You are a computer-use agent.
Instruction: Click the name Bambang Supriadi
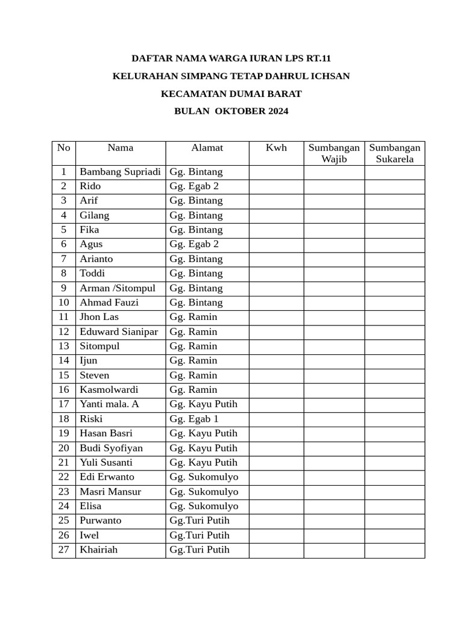pos(120,172)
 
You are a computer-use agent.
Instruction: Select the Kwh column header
pos(276,148)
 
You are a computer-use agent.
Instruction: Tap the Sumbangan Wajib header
pos(333,154)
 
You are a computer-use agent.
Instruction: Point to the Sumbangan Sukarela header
pos(394,154)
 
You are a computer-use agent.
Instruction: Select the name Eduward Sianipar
pos(119,332)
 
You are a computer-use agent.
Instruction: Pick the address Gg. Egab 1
pos(194,419)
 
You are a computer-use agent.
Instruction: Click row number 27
pos(64,550)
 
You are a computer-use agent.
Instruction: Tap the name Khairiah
pos(99,550)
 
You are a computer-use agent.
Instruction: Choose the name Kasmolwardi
pos(109,390)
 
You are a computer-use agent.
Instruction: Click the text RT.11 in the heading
pos(318,58)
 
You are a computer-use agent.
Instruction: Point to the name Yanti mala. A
pos(109,404)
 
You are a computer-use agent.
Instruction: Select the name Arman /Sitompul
pos(117,288)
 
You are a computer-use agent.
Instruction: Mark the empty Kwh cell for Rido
pos(276,187)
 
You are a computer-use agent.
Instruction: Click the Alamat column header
pos(207,148)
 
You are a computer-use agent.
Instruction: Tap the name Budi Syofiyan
pos(112,448)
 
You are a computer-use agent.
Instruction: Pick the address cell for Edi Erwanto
pos(204,477)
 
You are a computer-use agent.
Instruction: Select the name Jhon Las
pos(99,317)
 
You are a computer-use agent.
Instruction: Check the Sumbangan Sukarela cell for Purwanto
pos(394,521)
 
